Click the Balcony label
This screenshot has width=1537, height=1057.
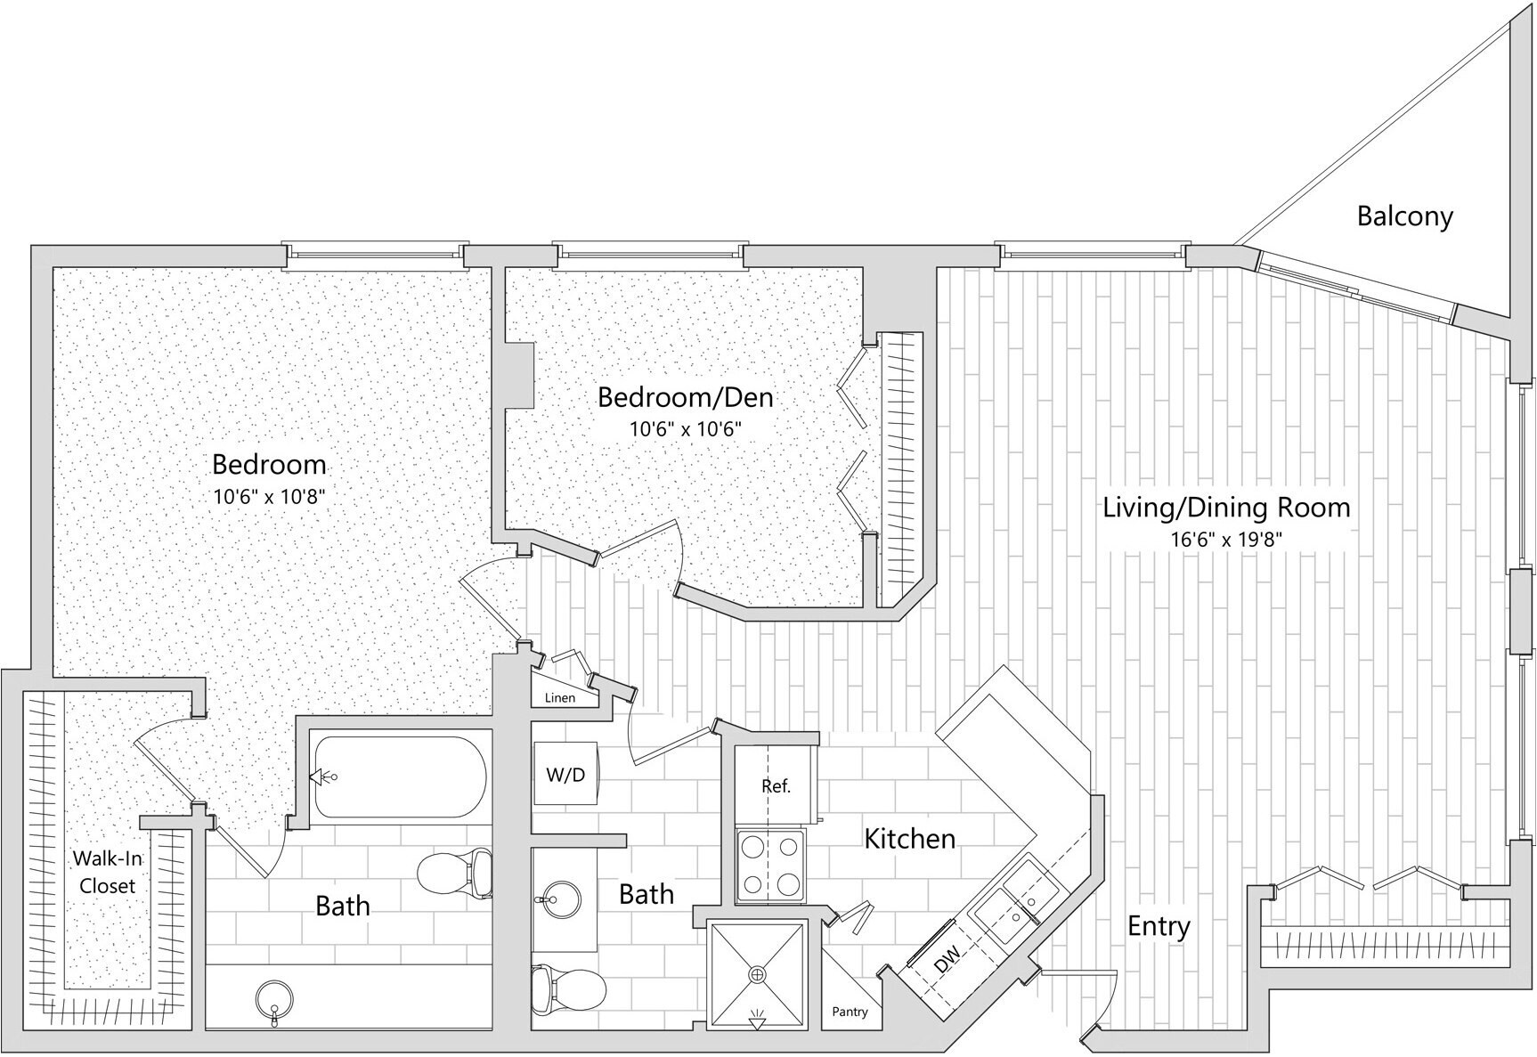(x=1404, y=216)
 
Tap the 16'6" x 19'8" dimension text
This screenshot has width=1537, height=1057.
(x=1226, y=541)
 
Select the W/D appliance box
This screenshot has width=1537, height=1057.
(x=565, y=775)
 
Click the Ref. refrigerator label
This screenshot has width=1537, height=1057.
(x=776, y=786)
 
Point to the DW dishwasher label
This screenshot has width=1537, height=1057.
(x=947, y=960)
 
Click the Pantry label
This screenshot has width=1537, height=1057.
(x=849, y=1012)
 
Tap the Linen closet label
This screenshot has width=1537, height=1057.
(x=560, y=698)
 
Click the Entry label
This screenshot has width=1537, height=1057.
(x=1158, y=926)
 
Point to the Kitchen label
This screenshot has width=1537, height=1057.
(x=909, y=838)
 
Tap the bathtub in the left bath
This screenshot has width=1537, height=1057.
(x=399, y=777)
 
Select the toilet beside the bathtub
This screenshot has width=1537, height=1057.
(x=455, y=873)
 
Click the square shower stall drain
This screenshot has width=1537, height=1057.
(x=757, y=975)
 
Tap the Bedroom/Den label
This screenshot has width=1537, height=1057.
(x=685, y=397)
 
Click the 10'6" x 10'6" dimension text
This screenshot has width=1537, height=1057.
(x=685, y=429)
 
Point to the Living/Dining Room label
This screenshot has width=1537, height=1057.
(x=1226, y=508)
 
